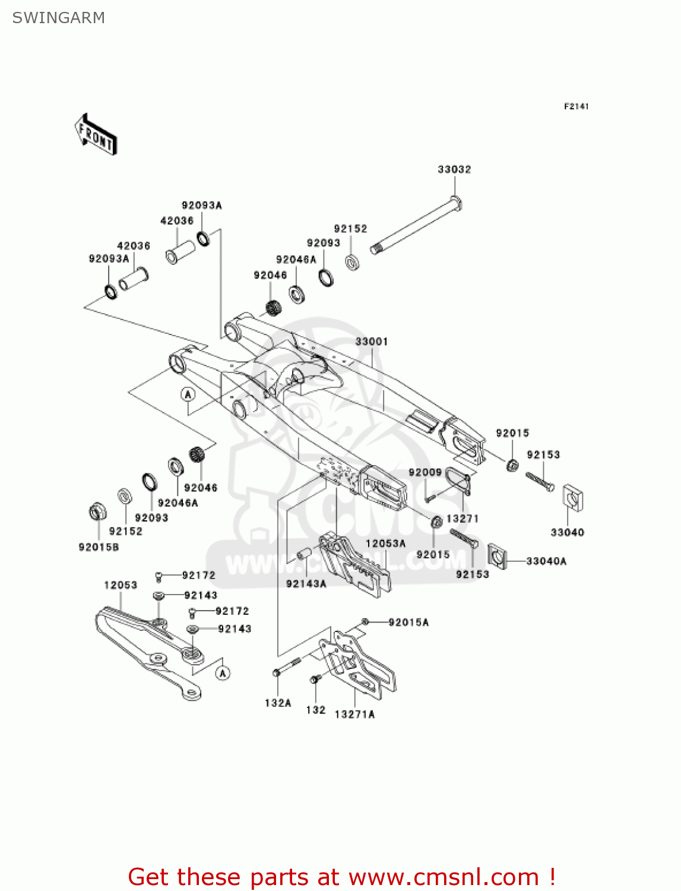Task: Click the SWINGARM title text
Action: click(59, 18)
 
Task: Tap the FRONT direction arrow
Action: click(96, 135)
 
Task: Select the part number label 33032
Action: click(454, 169)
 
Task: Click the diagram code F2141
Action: click(576, 106)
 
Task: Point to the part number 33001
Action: click(372, 342)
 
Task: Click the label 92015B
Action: click(99, 546)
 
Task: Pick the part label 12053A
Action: click(385, 544)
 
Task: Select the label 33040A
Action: click(546, 561)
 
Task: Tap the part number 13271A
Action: click(354, 715)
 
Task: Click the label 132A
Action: click(278, 703)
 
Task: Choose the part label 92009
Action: click(425, 472)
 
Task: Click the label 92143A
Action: click(306, 584)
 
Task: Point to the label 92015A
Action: click(408, 622)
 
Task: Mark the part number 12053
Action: click(121, 585)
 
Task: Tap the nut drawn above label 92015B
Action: click(97, 511)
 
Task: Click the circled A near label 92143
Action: click(223, 673)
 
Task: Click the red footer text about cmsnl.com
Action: click(341, 877)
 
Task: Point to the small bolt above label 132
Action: click(314, 679)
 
